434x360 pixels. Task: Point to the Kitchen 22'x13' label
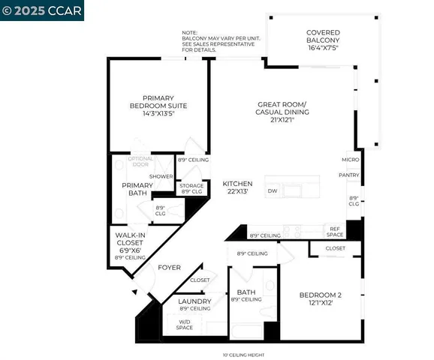[237, 188]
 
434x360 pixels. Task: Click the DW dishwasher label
[273, 191]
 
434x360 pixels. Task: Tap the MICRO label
[350, 160]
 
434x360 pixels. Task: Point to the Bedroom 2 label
[320, 295]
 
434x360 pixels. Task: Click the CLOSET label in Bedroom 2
[336, 248]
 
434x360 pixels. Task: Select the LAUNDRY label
[194, 301]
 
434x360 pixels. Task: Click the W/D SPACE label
[184, 324]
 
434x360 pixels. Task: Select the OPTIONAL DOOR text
[140, 161]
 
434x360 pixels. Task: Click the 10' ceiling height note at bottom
[242, 355]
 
